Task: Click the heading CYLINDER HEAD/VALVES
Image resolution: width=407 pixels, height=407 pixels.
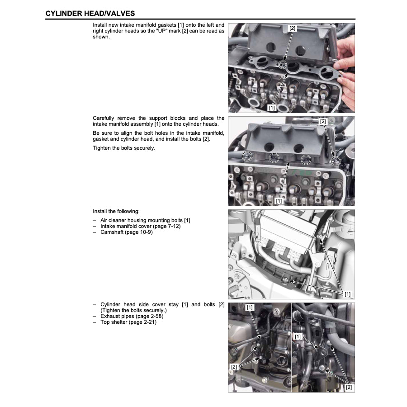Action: click(x=90, y=14)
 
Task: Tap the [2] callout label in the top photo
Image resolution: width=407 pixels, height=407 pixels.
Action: click(x=292, y=28)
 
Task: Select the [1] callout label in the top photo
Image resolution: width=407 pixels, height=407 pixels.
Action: click(x=271, y=108)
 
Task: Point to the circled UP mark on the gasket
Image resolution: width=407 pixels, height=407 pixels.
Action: click(x=282, y=65)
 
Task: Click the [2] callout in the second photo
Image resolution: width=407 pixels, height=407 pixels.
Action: click(x=323, y=122)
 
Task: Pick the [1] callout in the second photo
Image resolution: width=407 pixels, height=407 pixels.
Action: click(x=279, y=200)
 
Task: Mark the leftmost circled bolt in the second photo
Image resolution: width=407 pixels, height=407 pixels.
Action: click(x=246, y=156)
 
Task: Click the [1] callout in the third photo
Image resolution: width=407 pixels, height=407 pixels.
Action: click(x=347, y=294)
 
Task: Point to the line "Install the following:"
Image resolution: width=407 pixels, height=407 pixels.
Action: click(x=116, y=211)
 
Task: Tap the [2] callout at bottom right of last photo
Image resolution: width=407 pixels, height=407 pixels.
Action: click(x=349, y=388)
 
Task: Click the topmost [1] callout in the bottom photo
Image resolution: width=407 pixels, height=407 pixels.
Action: click(x=250, y=307)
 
